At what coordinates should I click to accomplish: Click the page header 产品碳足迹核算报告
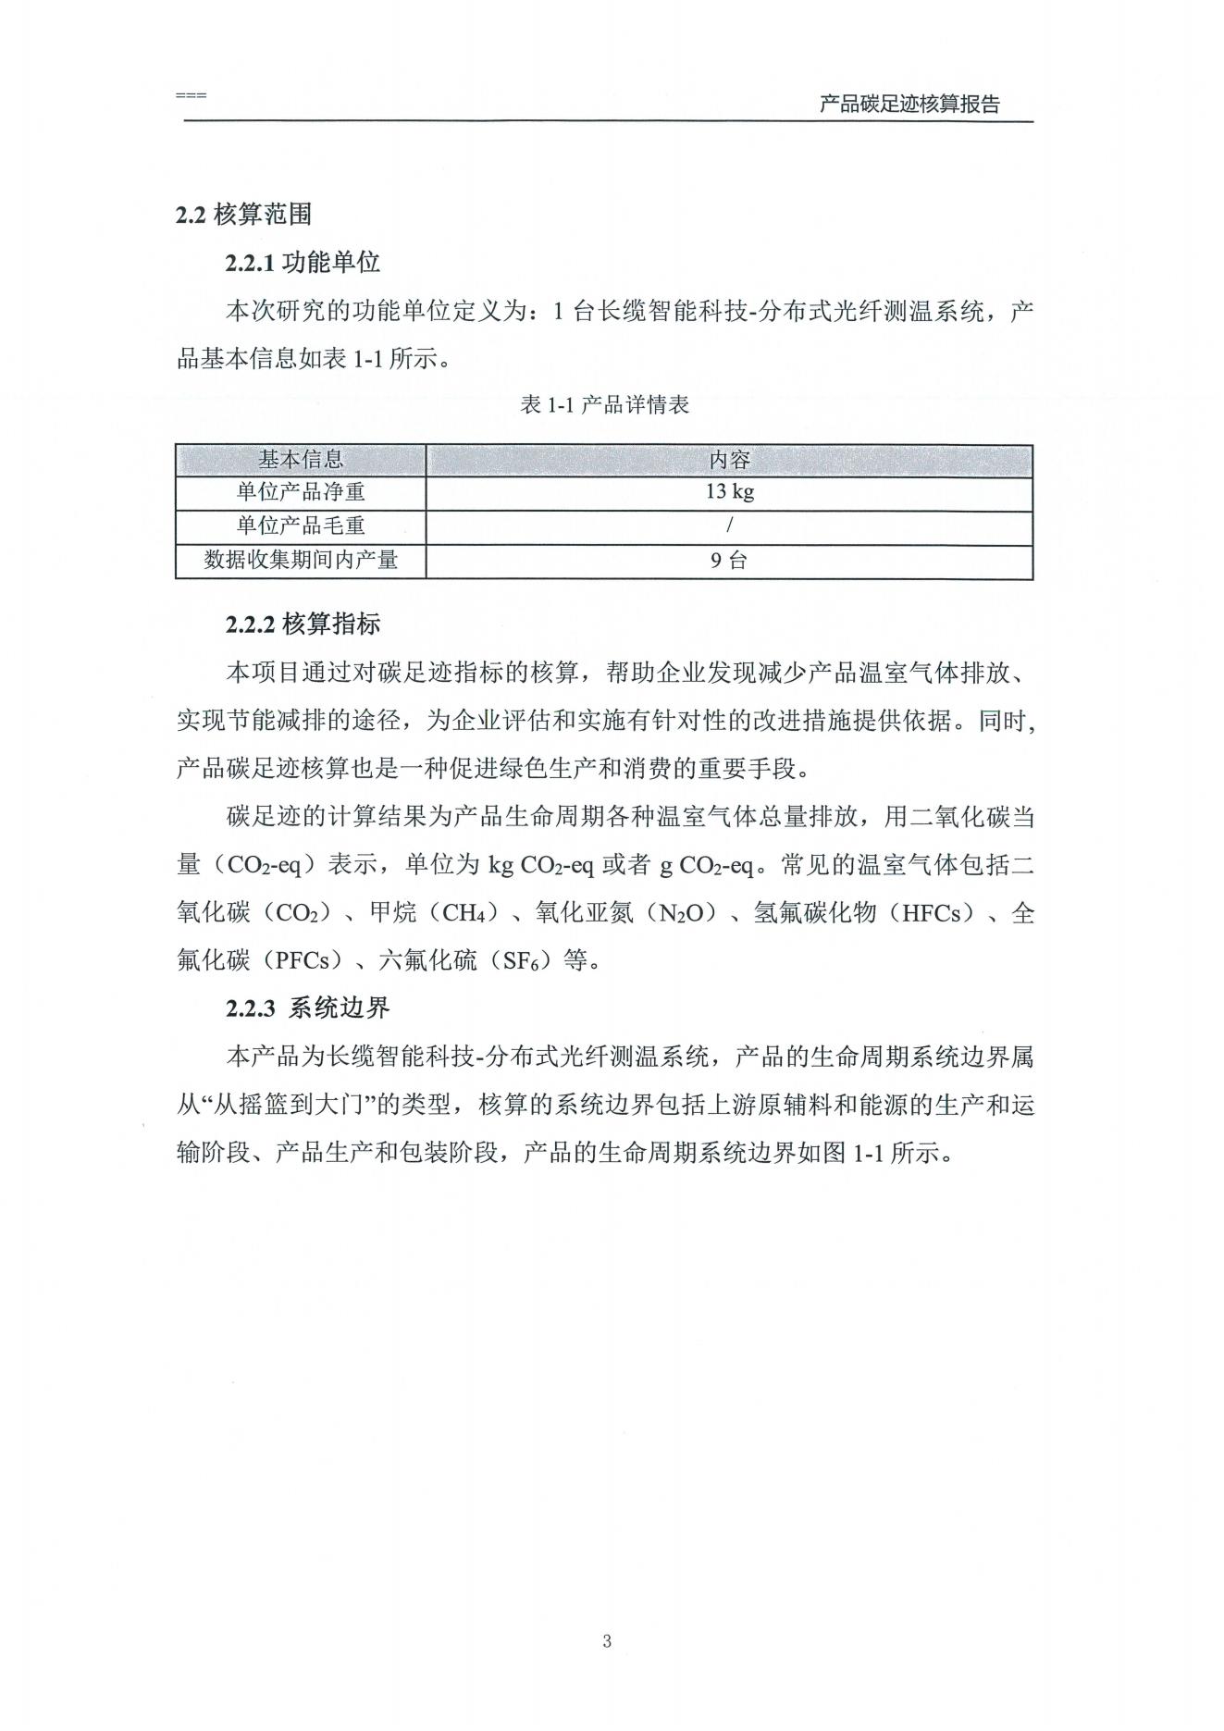tap(909, 105)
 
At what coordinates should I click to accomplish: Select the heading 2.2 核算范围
tap(243, 215)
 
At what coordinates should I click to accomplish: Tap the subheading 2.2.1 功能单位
tap(303, 263)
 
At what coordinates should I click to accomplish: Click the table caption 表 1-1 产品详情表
tap(605, 405)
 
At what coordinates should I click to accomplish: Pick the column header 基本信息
tap(301, 460)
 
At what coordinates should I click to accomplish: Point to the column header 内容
tap(729, 460)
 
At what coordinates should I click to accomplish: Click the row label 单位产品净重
tap(301, 492)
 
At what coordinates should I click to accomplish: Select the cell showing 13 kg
tap(729, 492)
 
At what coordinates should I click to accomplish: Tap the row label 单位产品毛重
tap(301, 526)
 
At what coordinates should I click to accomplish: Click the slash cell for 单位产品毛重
tap(729, 526)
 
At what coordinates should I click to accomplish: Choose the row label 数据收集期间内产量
tap(301, 561)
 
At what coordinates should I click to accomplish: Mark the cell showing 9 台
tap(729, 561)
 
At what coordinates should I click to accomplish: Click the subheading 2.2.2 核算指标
tap(303, 624)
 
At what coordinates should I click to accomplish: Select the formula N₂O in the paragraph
tap(686, 914)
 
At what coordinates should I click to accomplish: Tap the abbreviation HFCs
tap(937, 914)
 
